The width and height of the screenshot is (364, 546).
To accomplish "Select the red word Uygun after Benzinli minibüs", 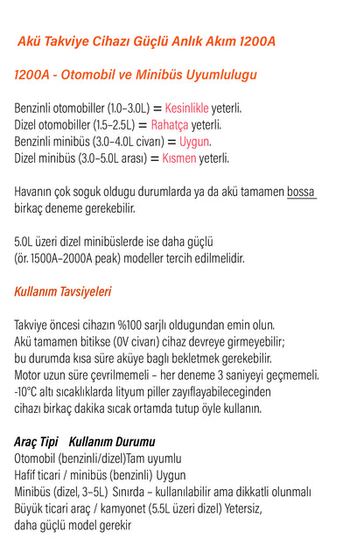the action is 195,142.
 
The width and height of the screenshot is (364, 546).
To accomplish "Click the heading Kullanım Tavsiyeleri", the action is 63,291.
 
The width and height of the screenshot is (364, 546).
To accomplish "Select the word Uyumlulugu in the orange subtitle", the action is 217,75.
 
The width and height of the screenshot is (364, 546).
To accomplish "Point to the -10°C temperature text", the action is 28,391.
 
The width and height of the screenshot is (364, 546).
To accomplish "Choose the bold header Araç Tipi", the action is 37,442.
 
